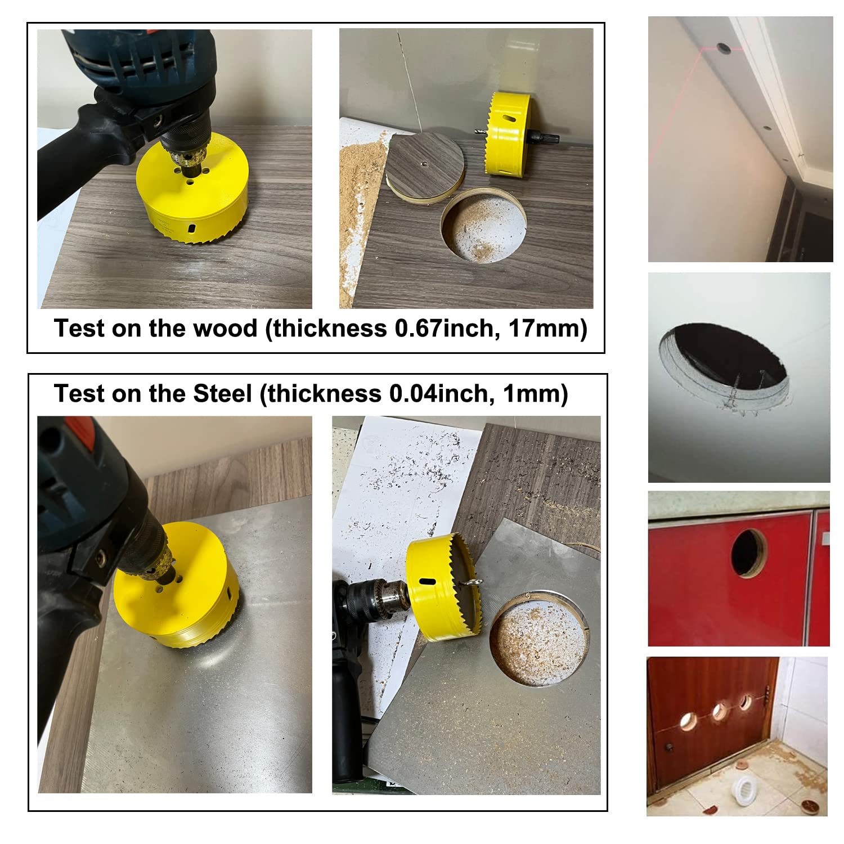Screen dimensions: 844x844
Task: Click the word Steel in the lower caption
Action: click(x=222, y=393)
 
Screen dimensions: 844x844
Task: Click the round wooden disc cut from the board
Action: click(x=425, y=164)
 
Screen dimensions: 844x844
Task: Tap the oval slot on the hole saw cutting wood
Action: click(x=191, y=229)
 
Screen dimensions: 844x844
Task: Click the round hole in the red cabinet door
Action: click(x=748, y=553)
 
